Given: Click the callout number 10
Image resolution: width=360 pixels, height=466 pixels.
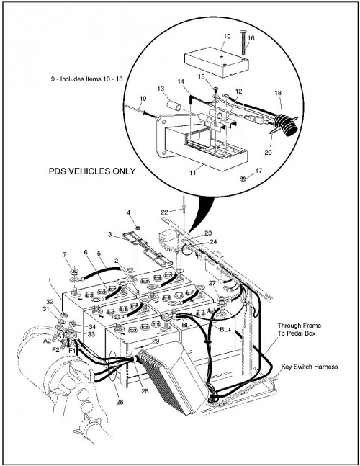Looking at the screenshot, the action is (x=227, y=36).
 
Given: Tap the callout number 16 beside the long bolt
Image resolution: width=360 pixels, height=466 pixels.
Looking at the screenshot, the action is (x=251, y=38).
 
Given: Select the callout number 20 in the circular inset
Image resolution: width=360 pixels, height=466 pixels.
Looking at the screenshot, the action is (x=268, y=153).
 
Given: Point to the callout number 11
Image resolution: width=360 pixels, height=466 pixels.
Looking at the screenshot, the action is (x=193, y=172).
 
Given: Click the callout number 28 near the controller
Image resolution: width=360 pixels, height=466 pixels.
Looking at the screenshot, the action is (x=145, y=391).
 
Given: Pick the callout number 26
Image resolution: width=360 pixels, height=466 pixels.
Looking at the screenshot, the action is (x=120, y=402).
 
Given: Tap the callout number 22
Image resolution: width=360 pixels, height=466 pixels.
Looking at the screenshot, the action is (x=165, y=212).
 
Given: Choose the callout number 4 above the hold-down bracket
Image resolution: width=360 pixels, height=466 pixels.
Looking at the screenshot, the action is (x=128, y=212).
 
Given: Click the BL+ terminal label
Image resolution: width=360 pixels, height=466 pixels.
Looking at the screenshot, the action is (x=225, y=329).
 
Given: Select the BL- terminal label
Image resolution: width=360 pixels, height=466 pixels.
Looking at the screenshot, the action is (x=186, y=326).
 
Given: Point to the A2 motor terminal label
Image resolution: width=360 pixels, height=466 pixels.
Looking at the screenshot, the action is (x=47, y=341).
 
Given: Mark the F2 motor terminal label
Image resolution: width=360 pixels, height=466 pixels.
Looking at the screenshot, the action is (x=55, y=350).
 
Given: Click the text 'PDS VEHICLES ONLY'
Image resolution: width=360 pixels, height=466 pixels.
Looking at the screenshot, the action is (x=92, y=171).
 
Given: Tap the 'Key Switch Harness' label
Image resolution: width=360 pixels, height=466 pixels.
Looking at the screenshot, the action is (x=309, y=367).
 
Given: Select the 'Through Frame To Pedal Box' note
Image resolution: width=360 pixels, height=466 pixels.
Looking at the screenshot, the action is (x=299, y=329).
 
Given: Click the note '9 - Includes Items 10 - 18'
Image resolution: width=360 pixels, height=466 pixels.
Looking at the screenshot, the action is (x=86, y=79).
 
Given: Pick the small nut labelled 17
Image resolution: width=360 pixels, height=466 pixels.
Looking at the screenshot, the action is (x=243, y=179).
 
